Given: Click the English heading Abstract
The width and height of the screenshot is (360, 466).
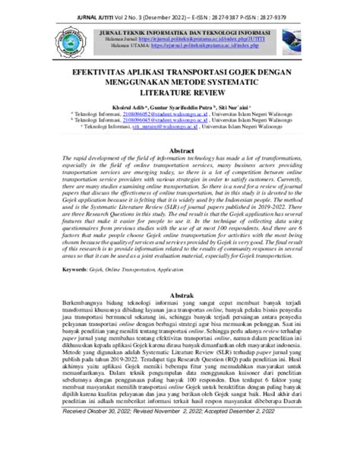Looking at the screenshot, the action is (x=179, y=151).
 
